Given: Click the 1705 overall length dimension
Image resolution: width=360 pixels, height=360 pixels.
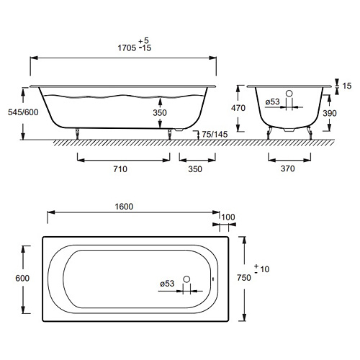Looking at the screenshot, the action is point(127,48).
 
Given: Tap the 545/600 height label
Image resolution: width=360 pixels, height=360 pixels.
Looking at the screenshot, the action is point(23,112).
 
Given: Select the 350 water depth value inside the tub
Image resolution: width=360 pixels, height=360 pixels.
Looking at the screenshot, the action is point(160,112).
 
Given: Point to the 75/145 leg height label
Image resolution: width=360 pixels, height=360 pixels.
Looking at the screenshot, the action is point(215,135).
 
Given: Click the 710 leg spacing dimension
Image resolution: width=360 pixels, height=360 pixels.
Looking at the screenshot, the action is point(120,169).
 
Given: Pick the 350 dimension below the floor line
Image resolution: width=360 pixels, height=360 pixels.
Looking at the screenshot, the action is point(195,169).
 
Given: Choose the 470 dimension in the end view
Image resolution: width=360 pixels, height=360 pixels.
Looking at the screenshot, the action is point(238,108).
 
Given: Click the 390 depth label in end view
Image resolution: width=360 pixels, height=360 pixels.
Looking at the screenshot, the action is point(330,113).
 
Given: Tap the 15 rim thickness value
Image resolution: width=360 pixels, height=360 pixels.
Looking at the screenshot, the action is point(347,86).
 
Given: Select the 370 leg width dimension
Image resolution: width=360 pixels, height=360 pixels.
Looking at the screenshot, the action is point(288,168).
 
